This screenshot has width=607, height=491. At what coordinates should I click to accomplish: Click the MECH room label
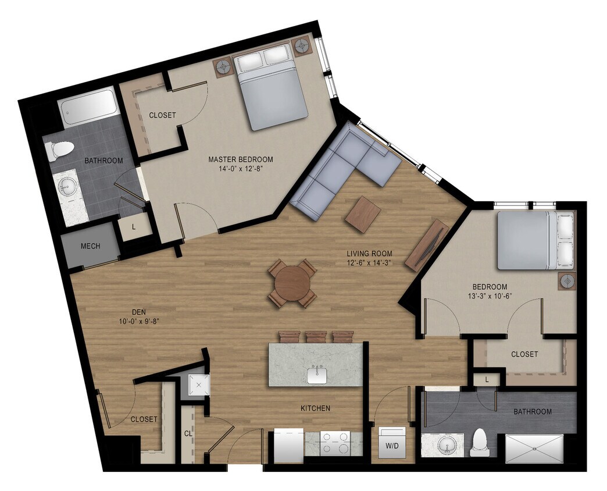click(90, 246)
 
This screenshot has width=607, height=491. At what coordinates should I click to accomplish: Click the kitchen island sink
click(317, 375)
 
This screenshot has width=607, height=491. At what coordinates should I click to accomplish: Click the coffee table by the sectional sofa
click(363, 214)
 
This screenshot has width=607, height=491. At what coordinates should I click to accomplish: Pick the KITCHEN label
click(316, 408)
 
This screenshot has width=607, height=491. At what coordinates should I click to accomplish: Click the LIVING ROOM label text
click(369, 254)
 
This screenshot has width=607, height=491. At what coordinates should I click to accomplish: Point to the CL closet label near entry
click(188, 433)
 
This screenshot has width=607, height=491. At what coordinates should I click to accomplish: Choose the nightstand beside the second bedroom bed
click(567, 281)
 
